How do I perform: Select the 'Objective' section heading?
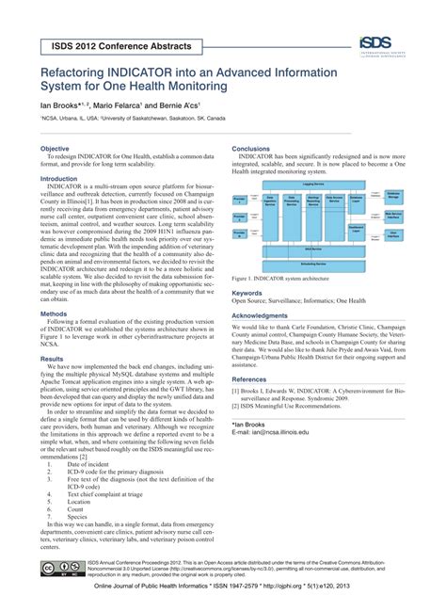(x=54, y=149)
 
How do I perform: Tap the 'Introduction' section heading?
(x=58, y=179)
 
